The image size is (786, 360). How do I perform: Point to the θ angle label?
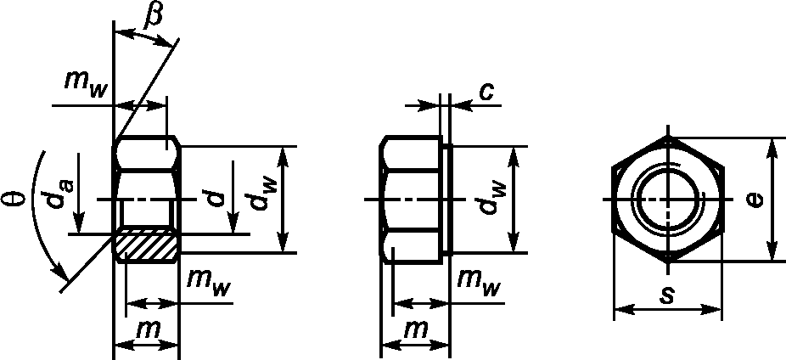coord(13,201)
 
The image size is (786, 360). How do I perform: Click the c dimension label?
coord(486,92)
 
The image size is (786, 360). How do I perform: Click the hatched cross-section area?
coord(146,246)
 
